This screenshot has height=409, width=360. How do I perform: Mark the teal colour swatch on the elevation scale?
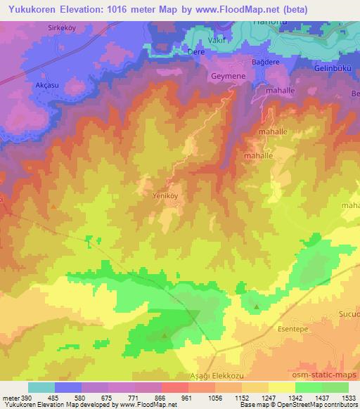41,387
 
